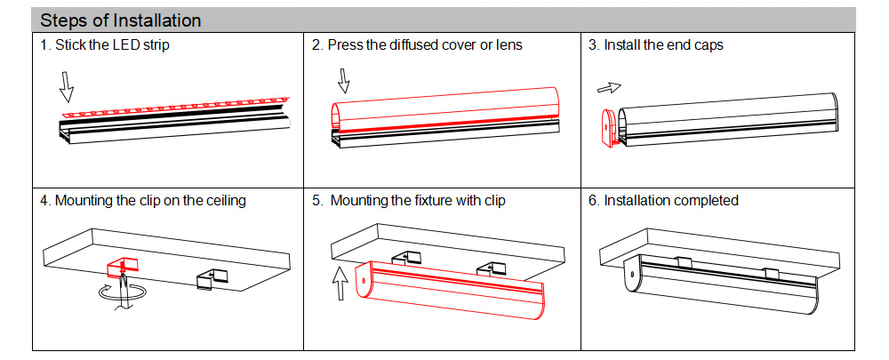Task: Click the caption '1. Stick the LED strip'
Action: (x=105, y=45)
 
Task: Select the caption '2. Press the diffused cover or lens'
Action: (x=417, y=45)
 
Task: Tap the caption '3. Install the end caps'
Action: (x=655, y=45)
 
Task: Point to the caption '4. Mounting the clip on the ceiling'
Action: (x=143, y=201)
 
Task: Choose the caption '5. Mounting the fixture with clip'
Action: (x=408, y=201)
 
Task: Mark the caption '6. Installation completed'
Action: (x=663, y=201)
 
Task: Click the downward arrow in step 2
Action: (x=343, y=82)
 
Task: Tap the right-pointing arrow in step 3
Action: (x=609, y=87)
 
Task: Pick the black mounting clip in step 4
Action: (x=211, y=277)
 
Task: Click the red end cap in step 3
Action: (x=608, y=127)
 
